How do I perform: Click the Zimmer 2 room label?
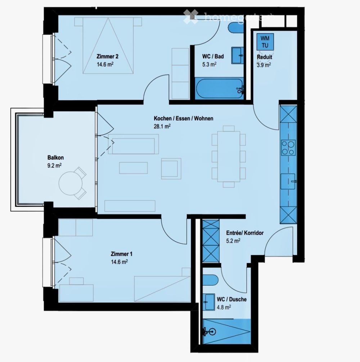tap(107, 57)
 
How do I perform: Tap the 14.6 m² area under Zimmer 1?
tap(120, 262)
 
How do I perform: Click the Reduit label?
tap(264, 57)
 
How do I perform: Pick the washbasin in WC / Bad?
tap(237, 54)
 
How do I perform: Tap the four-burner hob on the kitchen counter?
tap(288, 147)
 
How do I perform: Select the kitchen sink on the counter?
tap(288, 178)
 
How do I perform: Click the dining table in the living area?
tap(228, 157)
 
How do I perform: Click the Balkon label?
tap(55, 157)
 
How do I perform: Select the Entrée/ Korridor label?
tap(244, 233)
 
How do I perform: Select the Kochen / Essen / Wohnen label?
tap(183, 119)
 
